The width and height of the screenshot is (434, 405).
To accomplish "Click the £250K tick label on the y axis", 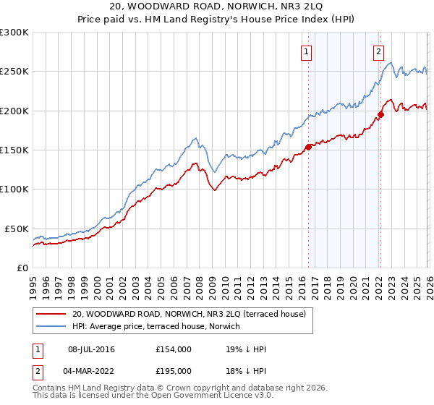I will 14,72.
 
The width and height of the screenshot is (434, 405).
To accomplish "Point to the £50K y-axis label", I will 17,229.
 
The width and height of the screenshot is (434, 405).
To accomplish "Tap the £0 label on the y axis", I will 22,268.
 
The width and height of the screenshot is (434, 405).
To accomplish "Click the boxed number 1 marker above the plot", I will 307,51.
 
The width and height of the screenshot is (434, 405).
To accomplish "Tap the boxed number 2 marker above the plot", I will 378,51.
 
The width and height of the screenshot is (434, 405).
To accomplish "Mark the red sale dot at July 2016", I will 308,147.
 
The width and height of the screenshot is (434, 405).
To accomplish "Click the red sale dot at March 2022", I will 380,114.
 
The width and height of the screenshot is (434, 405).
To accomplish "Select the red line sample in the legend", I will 51,314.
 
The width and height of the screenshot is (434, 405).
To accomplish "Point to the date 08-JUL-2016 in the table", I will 91,349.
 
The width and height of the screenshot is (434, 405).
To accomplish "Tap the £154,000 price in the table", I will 174,349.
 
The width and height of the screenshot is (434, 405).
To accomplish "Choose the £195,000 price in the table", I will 174,370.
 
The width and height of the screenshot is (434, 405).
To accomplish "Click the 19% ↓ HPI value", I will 247,349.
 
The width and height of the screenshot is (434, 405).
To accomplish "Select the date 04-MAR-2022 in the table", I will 91,370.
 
